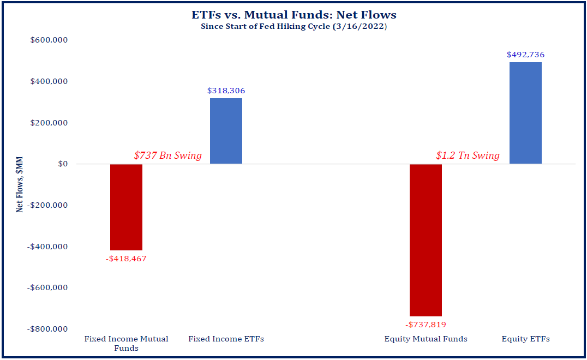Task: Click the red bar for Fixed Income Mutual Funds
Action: click(x=126, y=207)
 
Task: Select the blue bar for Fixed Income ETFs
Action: click(x=226, y=131)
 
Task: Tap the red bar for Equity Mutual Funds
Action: click(x=426, y=239)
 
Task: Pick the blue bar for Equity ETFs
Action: click(x=525, y=113)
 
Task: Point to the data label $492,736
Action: click(x=525, y=55)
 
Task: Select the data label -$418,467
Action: click(x=126, y=259)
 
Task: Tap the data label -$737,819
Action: click(x=426, y=325)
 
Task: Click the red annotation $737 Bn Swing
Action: click(x=167, y=156)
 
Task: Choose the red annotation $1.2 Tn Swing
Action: click(x=468, y=156)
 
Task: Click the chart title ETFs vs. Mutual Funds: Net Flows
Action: click(x=293, y=15)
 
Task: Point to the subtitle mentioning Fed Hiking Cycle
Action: click(x=293, y=26)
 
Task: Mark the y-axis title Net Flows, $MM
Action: click(x=20, y=184)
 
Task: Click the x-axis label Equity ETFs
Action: click(x=525, y=339)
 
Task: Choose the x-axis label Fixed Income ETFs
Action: click(x=226, y=339)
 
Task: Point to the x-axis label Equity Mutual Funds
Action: click(x=426, y=339)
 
